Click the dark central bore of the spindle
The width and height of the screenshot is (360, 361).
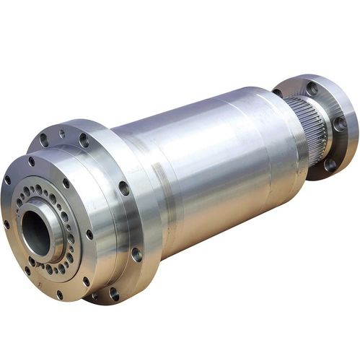click(x=35, y=230)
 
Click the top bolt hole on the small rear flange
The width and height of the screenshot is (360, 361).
click(x=312, y=89)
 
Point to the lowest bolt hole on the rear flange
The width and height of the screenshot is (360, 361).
click(x=330, y=164)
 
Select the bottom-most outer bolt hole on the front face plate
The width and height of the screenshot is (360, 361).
click(x=58, y=293)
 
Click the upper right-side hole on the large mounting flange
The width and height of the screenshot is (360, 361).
click(x=124, y=188)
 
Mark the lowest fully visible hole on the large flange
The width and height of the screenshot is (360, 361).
click(x=114, y=292)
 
